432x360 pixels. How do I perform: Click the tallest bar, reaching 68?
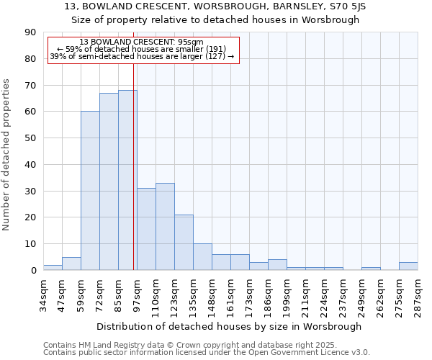[127, 180]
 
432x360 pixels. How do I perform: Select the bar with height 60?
[90, 191]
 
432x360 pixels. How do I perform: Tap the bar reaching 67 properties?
[109, 181]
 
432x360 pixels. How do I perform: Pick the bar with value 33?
[165, 226]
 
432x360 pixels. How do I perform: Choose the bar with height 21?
[184, 242]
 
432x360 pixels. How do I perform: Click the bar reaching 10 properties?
[202, 257]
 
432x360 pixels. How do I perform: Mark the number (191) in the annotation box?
[213, 49]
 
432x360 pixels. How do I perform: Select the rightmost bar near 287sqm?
[408, 266]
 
